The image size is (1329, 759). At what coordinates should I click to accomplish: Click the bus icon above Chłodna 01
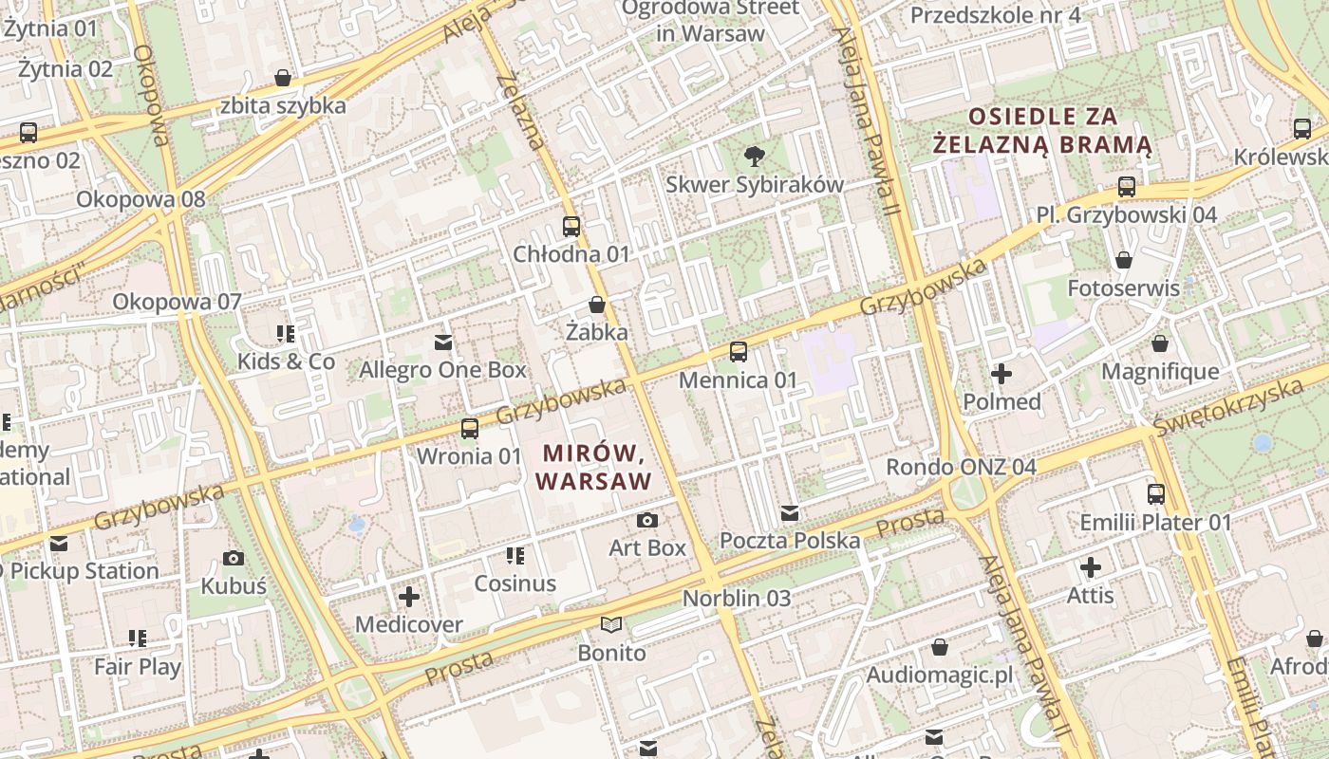571,227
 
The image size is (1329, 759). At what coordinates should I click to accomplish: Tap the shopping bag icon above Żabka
597,305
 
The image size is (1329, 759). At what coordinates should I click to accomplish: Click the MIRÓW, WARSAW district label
594,467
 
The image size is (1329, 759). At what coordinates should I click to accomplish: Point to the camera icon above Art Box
647,520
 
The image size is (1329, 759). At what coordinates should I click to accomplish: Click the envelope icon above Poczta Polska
790,513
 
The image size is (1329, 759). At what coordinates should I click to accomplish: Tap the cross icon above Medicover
409,597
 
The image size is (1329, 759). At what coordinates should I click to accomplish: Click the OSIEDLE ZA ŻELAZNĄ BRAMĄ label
1042,131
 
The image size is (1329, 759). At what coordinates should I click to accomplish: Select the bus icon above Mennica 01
739,352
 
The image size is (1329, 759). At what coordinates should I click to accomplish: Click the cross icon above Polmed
1001,374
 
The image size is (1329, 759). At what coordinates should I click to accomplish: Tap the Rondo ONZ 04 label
961,467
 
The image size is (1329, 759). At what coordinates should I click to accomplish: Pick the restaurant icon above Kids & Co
286,334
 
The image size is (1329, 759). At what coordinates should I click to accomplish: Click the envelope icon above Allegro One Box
443,342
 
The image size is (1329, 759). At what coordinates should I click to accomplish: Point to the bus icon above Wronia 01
470,428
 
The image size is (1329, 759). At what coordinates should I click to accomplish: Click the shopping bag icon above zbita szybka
283,78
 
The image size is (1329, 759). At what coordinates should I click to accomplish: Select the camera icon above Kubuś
234,558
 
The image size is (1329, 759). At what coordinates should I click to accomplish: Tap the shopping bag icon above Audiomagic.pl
940,647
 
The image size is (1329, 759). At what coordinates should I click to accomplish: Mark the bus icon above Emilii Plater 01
1156,493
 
